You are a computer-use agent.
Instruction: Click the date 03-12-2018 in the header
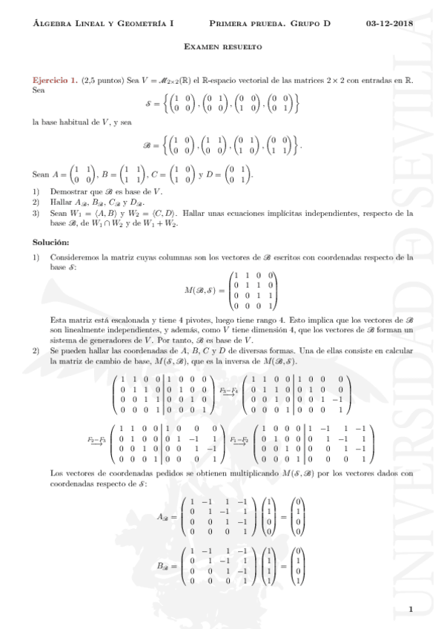390,24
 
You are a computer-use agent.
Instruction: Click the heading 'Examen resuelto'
222,47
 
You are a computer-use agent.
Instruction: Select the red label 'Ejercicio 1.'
55,79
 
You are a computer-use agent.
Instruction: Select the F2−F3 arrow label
96,441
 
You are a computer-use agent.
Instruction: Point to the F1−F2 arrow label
239,441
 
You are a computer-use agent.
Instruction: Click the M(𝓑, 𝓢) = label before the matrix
208,289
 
